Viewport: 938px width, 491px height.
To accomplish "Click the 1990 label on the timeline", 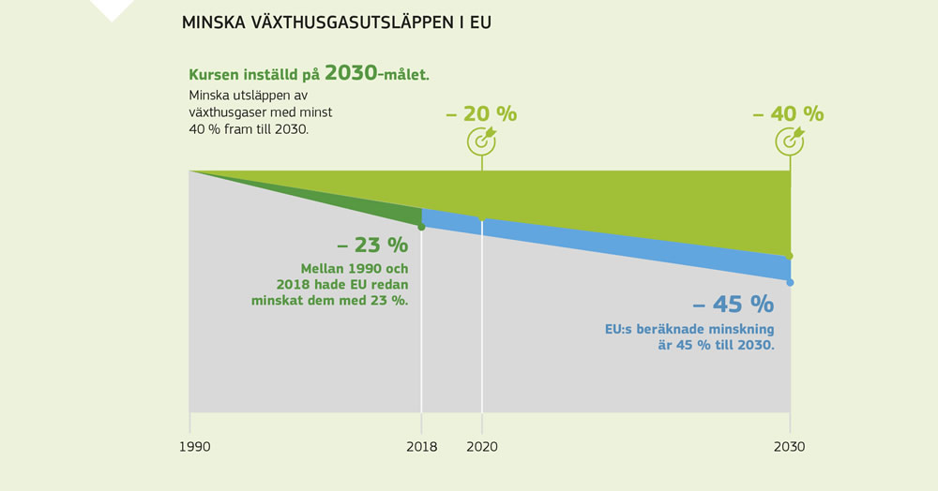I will pos(194,447).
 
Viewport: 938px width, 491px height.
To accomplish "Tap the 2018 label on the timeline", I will pos(421,447).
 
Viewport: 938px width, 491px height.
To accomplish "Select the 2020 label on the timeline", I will pos(482,447).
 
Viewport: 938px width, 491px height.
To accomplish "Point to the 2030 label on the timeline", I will pos(789,447).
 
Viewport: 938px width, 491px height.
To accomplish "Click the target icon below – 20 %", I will pos(482,141).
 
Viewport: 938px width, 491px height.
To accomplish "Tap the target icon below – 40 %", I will pos(790,141).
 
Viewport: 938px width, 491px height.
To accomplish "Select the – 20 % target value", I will pos(481,113).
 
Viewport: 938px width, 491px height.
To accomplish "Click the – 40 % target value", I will pos(788,113).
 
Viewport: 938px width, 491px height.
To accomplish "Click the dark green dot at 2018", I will pos(421,227).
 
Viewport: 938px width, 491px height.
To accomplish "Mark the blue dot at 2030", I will pos(790,282).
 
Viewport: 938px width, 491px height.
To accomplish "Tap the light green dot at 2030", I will pos(790,256).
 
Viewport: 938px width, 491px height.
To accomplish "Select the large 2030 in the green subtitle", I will pos(350,74).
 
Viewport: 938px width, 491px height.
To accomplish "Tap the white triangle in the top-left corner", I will pos(112,9).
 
